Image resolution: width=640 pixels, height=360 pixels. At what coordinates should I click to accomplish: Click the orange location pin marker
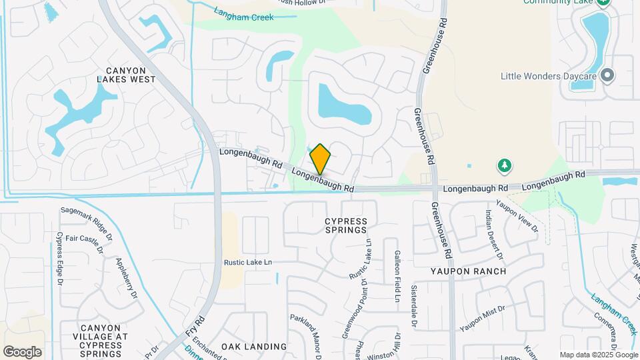(x=320, y=159)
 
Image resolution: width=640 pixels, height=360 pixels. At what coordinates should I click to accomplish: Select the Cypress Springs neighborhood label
(x=346, y=225)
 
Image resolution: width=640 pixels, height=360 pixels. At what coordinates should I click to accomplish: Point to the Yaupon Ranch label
(x=468, y=271)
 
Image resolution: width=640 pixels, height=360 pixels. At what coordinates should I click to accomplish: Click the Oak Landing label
(x=254, y=347)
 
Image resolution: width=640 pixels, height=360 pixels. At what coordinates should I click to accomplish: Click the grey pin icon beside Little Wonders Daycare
(x=607, y=75)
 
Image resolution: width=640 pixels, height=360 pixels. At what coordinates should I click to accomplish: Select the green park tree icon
(x=505, y=165)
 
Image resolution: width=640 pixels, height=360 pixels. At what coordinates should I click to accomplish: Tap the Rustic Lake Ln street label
(x=248, y=263)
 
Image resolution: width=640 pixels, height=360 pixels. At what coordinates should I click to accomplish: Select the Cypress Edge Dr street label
(x=59, y=259)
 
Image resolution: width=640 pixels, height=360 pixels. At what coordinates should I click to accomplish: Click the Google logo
(x=22, y=352)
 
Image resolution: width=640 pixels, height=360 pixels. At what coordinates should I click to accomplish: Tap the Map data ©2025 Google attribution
(x=598, y=355)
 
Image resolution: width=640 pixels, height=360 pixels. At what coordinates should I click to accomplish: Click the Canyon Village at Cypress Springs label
(x=101, y=341)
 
